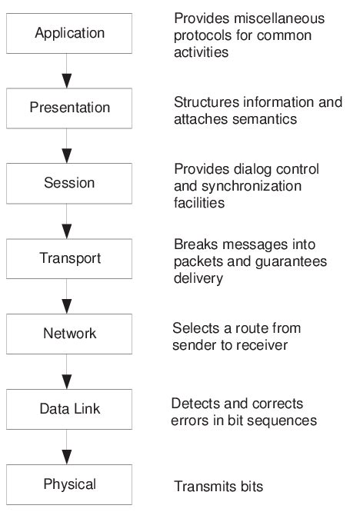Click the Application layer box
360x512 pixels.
[69, 33]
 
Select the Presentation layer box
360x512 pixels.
[69, 108]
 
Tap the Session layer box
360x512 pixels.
[69, 184]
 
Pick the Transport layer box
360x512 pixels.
[69, 258]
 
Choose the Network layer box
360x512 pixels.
[69, 334]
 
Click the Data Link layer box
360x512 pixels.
[69, 409]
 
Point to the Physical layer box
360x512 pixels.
[69, 484]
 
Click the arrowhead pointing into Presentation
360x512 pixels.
[67, 81]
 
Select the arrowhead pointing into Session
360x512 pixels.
[67, 156]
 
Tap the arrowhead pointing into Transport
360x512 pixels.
[67, 231]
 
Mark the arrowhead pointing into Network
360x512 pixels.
[67, 307]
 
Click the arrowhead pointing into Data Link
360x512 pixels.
[67, 382]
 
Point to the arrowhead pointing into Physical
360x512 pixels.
[67, 457]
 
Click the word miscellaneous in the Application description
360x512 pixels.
[279, 18]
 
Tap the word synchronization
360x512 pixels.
[252, 187]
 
